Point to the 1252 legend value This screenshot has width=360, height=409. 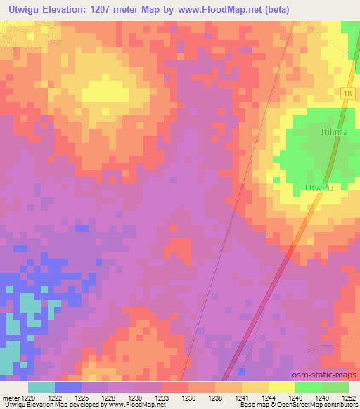tap(349, 398)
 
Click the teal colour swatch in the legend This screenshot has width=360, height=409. tap(41, 387)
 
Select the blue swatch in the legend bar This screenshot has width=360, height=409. tap(68, 387)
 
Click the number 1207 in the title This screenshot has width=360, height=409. tap(109, 9)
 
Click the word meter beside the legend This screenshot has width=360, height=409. tap(11, 398)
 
